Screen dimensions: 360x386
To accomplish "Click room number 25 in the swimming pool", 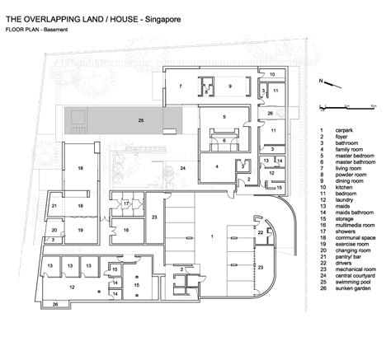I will pyautogui.click(x=140, y=121).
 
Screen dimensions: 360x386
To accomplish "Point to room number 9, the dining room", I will pyautogui.click(x=231, y=86).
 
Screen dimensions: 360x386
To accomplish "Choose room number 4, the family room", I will pyautogui.click(x=216, y=166).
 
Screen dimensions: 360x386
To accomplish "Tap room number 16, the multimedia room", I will pyautogui.click(x=127, y=231).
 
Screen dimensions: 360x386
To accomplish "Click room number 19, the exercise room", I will pyautogui.click(x=80, y=231).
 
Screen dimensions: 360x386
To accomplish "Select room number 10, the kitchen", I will pyautogui.click(x=272, y=74).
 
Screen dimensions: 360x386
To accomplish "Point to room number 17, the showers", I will pyautogui.click(x=127, y=203).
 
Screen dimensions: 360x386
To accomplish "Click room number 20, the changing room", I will pyautogui.click(x=54, y=231).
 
